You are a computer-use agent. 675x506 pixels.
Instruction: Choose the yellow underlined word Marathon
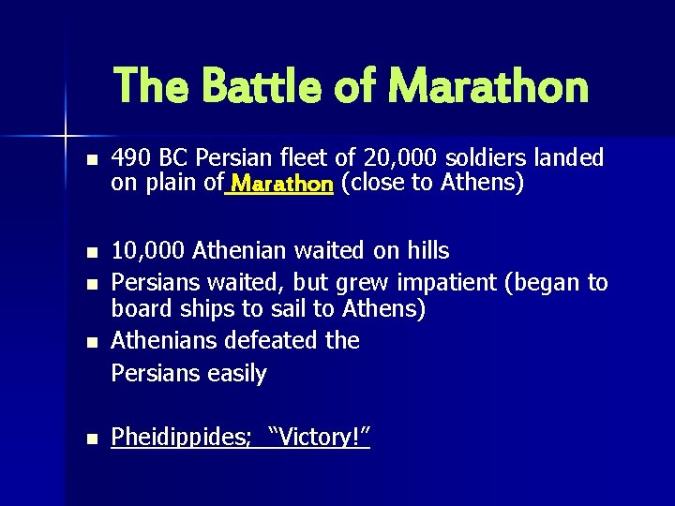(x=282, y=184)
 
